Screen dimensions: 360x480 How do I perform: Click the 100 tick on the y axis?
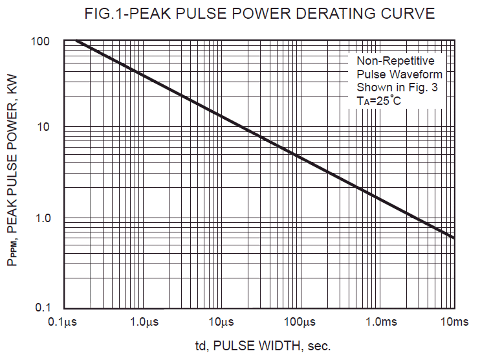40,42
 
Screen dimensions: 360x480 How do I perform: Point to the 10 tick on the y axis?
43,127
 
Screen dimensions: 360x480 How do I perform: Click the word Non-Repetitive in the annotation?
395,61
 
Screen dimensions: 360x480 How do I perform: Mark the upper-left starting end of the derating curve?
77,41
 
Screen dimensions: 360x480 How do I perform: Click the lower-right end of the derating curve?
453,238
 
